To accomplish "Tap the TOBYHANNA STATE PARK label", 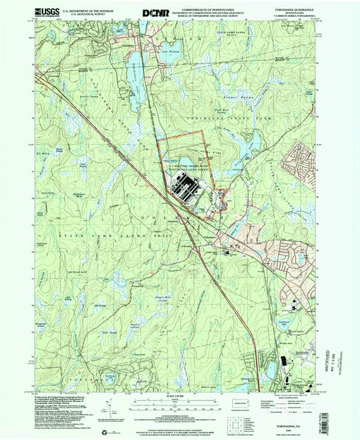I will [216, 116].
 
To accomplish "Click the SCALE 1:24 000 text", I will [180, 393].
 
